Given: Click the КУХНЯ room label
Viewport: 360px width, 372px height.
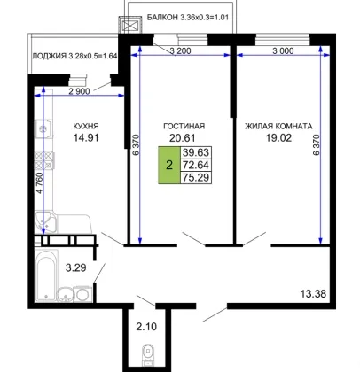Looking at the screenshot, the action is (86, 126).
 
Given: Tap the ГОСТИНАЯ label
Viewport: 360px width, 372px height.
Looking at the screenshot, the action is (184, 126).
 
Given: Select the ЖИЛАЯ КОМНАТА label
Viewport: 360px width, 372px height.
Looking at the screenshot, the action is (278, 126).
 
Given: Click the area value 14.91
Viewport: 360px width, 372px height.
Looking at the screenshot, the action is (86, 137).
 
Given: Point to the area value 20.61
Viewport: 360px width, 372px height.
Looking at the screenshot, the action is (183, 137).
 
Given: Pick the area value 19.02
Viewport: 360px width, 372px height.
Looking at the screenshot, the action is (278, 137).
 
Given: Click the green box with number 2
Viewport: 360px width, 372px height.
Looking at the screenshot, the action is (169, 165).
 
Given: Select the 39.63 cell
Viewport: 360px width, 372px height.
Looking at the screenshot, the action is (196, 152).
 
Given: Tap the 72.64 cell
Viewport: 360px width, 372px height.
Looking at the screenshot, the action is (196, 165).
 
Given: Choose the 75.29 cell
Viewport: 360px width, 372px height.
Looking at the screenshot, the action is (196, 177).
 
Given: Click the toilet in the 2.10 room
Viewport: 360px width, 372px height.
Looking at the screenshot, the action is (147, 354).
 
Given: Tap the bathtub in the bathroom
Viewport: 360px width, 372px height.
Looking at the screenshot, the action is (46, 275).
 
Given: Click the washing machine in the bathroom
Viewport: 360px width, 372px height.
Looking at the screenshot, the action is (83, 294).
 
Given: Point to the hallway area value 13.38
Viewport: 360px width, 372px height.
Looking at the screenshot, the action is (313, 294).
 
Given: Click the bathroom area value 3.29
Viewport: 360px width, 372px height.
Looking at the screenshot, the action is (76, 267).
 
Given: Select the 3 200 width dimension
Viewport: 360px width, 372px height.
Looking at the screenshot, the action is (180, 50).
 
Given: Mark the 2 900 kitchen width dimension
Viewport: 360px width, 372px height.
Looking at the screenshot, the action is (79, 91).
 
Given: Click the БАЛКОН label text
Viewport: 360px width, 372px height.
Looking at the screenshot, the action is (162, 17).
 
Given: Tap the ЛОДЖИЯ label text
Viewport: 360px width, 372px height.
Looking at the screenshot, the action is (49, 56).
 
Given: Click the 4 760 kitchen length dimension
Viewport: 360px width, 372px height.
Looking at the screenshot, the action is (40, 183).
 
